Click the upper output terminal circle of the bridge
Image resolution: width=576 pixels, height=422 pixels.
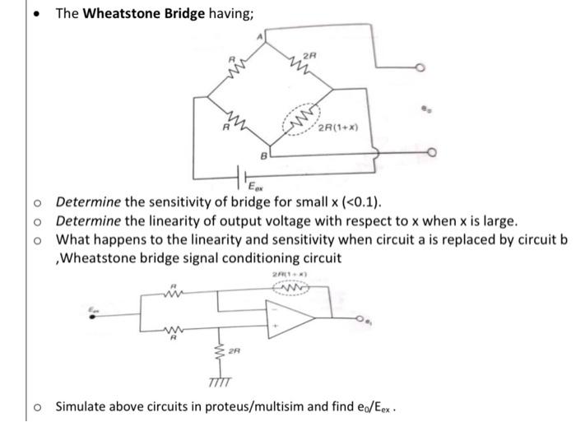tap(419, 68)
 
